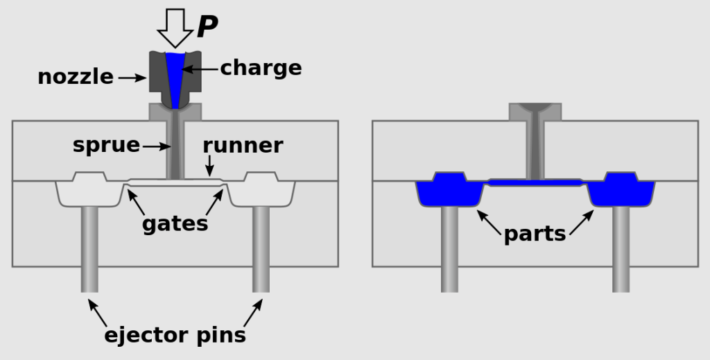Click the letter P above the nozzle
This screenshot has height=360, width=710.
click(x=207, y=27)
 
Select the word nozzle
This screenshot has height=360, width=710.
click(x=76, y=77)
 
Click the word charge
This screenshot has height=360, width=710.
click(x=261, y=68)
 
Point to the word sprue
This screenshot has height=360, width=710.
click(x=106, y=146)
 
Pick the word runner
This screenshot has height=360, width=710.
click(x=243, y=146)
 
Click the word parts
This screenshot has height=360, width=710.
click(x=535, y=234)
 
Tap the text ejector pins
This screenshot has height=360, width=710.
click(x=175, y=335)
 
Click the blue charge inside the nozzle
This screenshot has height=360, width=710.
click(x=175, y=76)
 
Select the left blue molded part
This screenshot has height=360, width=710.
click(x=449, y=190)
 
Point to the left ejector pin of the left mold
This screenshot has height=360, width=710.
click(x=89, y=250)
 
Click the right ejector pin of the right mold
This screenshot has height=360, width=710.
click(x=621, y=250)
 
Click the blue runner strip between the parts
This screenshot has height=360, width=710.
click(x=535, y=182)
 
